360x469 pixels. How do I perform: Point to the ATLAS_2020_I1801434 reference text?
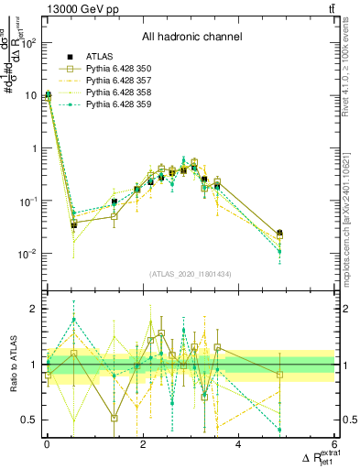coord(191,274)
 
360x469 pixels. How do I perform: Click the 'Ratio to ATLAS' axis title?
coord(10,365)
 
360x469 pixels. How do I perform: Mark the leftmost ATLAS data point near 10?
coord(48,94)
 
